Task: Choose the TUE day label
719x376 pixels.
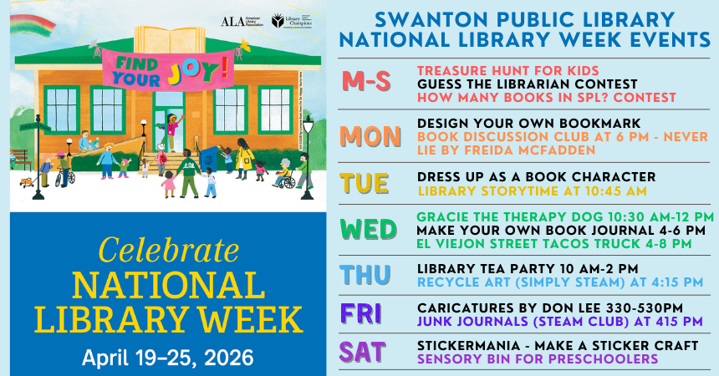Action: click(x=365, y=184)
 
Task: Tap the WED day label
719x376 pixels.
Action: click(x=368, y=228)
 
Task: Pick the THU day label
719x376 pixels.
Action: click(x=365, y=275)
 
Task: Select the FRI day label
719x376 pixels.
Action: click(x=361, y=314)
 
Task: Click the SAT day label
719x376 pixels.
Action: click(x=363, y=352)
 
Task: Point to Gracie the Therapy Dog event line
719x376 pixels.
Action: click(x=553, y=215)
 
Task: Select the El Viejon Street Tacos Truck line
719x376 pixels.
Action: click(x=553, y=243)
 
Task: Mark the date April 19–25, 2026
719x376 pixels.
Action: click(x=167, y=358)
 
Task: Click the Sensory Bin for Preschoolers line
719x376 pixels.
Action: click(x=537, y=358)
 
